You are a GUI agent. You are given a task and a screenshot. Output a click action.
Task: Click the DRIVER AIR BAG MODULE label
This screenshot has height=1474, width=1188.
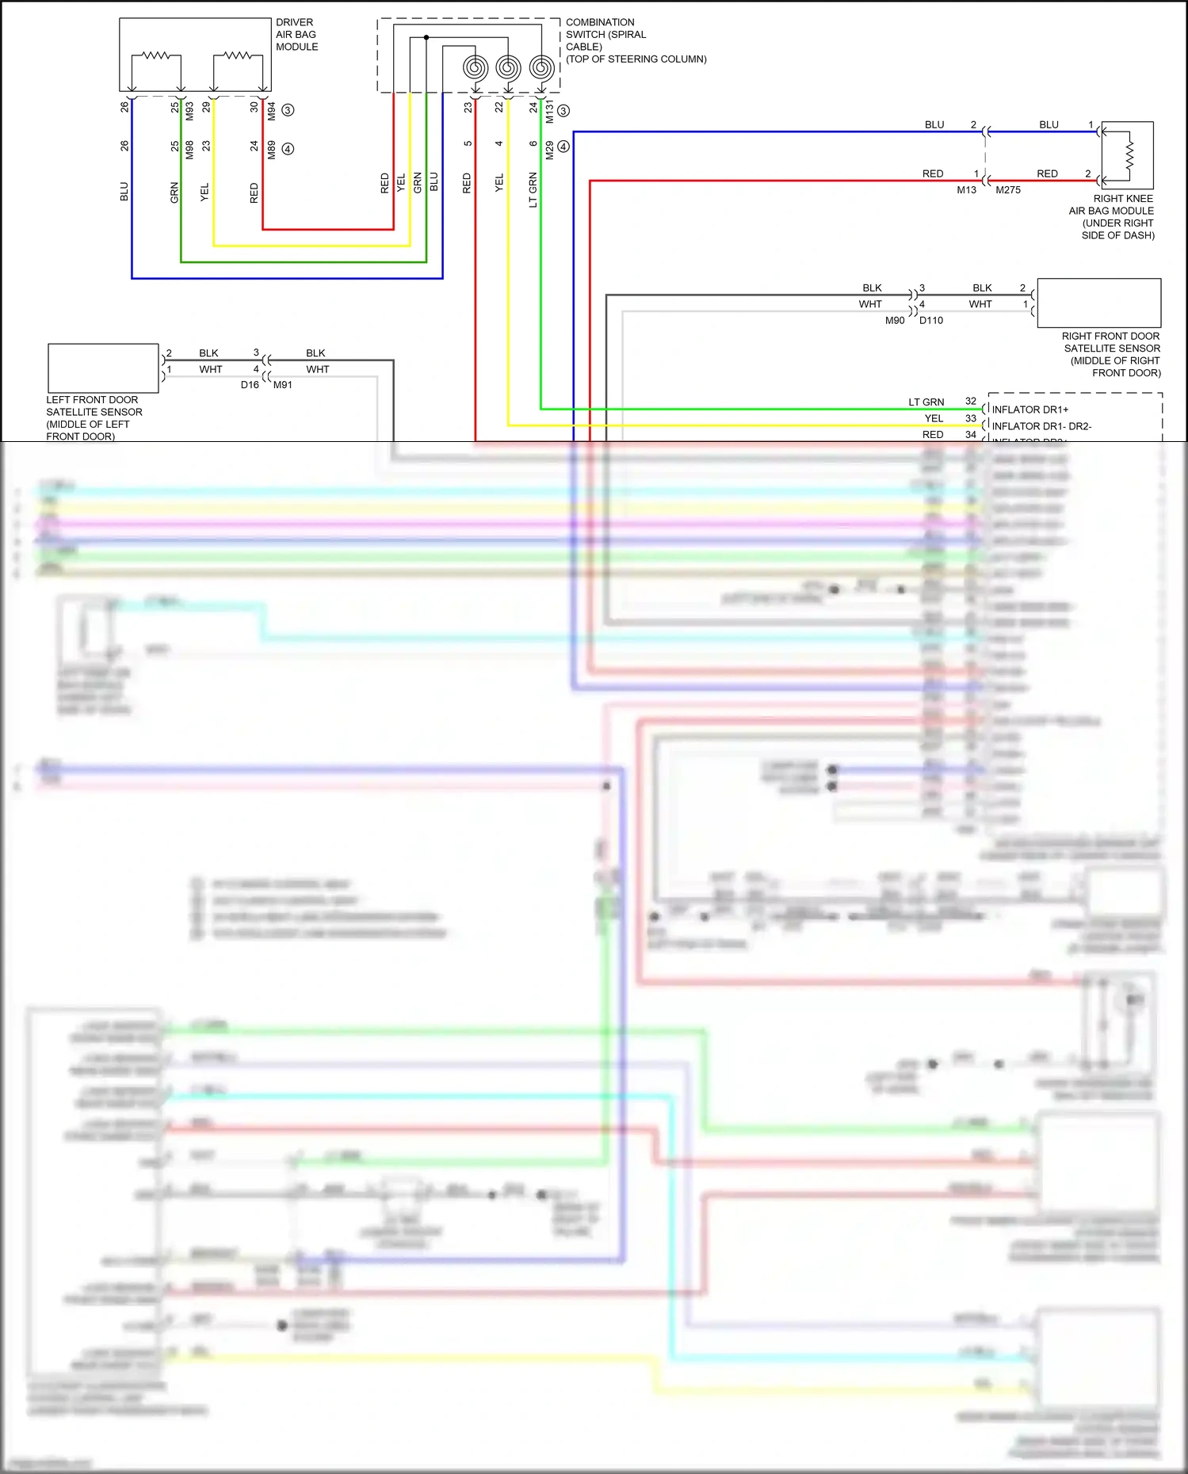[x=296, y=35]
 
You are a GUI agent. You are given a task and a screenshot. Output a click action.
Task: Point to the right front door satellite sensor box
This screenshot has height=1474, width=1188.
[x=1098, y=303]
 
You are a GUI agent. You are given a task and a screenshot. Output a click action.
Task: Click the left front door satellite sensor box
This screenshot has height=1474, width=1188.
[x=103, y=368]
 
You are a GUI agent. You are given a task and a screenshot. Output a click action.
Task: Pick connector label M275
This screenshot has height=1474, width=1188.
[x=1007, y=190]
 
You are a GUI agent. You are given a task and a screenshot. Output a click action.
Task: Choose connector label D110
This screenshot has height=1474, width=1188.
[x=930, y=321]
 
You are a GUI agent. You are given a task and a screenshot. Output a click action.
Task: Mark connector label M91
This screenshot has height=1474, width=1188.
[x=283, y=386]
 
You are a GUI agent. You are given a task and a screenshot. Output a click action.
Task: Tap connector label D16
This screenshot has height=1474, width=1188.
[x=250, y=385]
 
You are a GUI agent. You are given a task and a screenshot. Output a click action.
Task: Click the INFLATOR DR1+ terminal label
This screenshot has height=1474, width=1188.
[x=1029, y=409]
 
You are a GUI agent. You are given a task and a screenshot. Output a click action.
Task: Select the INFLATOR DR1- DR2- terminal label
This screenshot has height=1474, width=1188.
[x=1041, y=426]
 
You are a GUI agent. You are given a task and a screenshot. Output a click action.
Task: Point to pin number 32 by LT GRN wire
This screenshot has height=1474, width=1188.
[x=970, y=402]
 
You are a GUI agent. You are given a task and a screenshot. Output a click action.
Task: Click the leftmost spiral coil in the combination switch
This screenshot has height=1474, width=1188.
[x=475, y=68]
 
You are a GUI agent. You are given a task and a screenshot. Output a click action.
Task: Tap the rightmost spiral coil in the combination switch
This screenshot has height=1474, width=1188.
[x=541, y=68]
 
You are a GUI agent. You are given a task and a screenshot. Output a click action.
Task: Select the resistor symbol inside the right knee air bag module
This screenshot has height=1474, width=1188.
[x=1129, y=155]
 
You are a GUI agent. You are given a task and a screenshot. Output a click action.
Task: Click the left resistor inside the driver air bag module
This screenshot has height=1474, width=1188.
[x=156, y=55]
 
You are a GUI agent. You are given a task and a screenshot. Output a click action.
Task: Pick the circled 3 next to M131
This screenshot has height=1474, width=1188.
[x=563, y=111]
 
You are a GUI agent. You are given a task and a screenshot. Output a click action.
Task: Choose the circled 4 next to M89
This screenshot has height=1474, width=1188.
[x=288, y=149]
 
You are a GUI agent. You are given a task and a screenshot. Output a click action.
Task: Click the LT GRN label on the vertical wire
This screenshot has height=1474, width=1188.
[x=533, y=190]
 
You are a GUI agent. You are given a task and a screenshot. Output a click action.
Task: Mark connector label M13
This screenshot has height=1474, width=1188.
[x=966, y=190]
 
